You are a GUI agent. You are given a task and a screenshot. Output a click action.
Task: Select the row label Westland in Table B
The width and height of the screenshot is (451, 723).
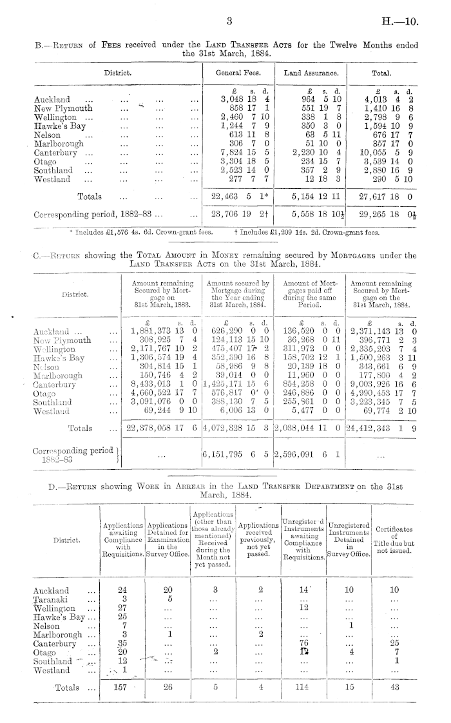click(52, 180)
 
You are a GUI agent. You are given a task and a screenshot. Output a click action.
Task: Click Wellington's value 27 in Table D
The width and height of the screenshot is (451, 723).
click(118, 608)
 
